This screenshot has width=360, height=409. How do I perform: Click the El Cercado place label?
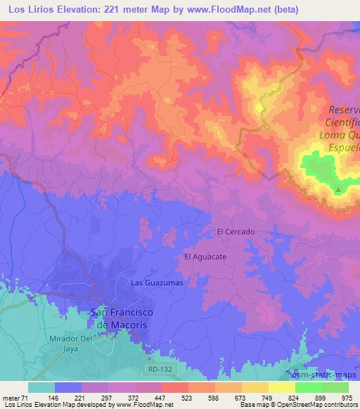[236, 231]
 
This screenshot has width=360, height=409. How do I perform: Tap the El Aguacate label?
[205, 257]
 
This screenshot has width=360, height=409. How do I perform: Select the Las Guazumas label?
[157, 282]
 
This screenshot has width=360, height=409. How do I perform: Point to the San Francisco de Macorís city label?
[123, 318]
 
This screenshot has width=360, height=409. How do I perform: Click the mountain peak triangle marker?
[338, 189]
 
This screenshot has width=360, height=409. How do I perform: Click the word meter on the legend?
[11, 397]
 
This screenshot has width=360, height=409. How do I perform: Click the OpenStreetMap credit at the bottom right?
[329, 405]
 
